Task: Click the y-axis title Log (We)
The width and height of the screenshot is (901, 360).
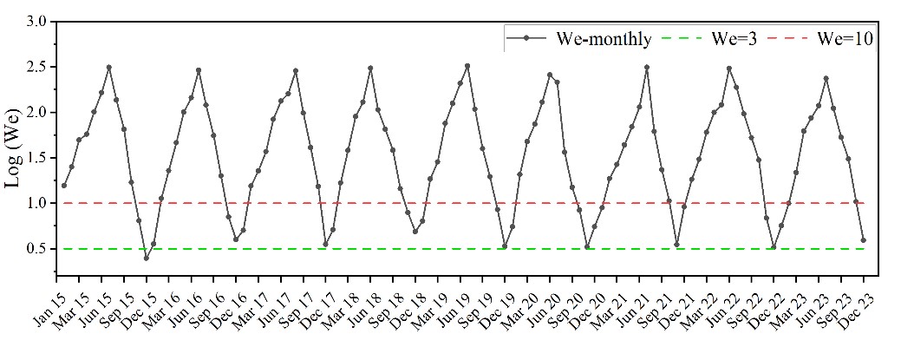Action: (19, 148)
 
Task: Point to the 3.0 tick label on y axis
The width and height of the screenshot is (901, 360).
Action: (36, 22)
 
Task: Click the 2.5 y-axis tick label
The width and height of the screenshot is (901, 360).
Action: (36, 67)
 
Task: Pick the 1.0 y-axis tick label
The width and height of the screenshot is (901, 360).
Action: (36, 203)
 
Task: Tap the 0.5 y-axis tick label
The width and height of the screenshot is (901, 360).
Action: (36, 249)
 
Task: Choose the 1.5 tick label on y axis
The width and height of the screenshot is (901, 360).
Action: (36, 158)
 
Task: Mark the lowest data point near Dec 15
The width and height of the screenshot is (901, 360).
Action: (146, 258)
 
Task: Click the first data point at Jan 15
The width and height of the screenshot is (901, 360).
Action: (63, 186)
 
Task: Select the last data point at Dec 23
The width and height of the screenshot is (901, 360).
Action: (864, 240)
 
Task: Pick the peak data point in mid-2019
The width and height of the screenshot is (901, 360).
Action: (467, 66)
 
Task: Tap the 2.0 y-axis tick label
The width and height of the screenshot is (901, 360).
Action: (36, 113)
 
